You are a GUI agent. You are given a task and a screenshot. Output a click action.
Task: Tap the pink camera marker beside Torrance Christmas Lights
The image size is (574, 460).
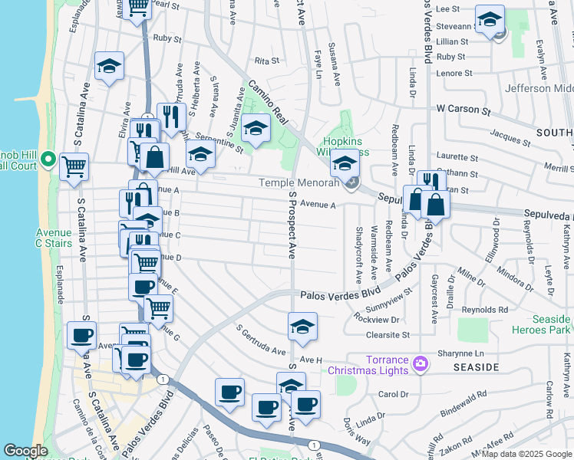(x=420, y=363)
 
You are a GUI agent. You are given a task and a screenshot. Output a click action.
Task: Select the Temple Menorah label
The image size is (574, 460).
(x=299, y=182)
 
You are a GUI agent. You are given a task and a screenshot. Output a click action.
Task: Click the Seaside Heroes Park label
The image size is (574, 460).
(x=541, y=324)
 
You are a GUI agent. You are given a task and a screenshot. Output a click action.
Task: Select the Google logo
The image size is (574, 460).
(x=26, y=451)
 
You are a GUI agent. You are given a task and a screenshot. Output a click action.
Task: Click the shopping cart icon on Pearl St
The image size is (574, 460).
(x=138, y=7)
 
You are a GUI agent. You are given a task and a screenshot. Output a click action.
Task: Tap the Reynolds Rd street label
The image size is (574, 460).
(x=492, y=309)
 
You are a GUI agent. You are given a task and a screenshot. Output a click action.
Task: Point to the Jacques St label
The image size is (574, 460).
(x=505, y=136)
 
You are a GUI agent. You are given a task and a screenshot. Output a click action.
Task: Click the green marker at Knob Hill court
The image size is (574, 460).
(x=47, y=160)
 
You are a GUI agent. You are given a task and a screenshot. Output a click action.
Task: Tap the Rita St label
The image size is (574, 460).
(x=265, y=60)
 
